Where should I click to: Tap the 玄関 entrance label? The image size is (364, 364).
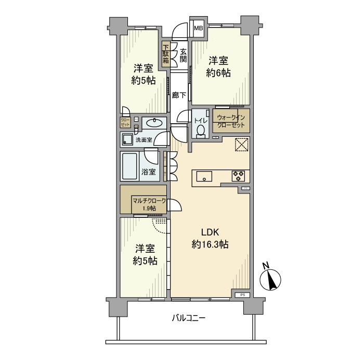[x=183, y=55]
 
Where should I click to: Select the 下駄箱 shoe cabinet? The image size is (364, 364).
[x=165, y=54]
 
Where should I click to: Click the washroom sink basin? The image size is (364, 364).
[x=151, y=123]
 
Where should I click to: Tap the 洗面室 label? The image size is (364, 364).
[x=144, y=140]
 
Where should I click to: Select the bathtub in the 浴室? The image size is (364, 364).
[x=130, y=165]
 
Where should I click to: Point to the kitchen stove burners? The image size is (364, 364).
[x=238, y=176]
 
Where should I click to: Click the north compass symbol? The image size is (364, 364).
[x=273, y=280]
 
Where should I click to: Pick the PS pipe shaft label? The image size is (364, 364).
[x=242, y=295]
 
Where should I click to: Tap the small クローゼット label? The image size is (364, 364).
[x=126, y=123]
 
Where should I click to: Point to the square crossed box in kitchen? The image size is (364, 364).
[x=241, y=145]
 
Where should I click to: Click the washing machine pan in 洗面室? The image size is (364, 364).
[x=126, y=139]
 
